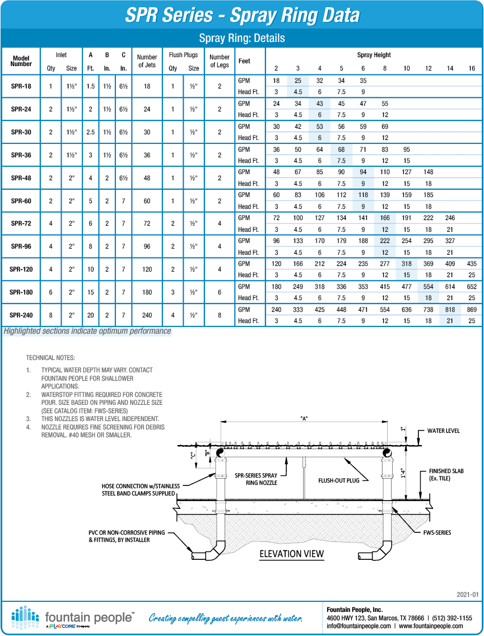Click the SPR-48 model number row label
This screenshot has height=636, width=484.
coord(21,178)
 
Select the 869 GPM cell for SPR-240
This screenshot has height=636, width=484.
coord(472,310)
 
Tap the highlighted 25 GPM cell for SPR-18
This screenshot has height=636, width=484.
coord(298,81)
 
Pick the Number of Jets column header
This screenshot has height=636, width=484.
coord(147,61)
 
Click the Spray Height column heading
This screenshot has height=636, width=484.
coord(374,55)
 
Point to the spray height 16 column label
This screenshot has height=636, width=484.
coord(472,68)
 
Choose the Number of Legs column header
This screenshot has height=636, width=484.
coord(220,61)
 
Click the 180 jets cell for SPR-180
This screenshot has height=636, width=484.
coord(147,292)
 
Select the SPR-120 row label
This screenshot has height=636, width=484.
coord(21,269)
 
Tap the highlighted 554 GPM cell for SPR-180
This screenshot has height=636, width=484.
coord(429,287)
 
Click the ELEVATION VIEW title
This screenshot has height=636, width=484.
coord(291,554)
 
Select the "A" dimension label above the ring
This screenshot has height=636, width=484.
coord(305,418)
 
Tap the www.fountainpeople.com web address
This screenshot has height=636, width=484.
coord(431,626)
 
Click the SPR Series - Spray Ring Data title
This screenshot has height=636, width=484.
coord(242,15)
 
